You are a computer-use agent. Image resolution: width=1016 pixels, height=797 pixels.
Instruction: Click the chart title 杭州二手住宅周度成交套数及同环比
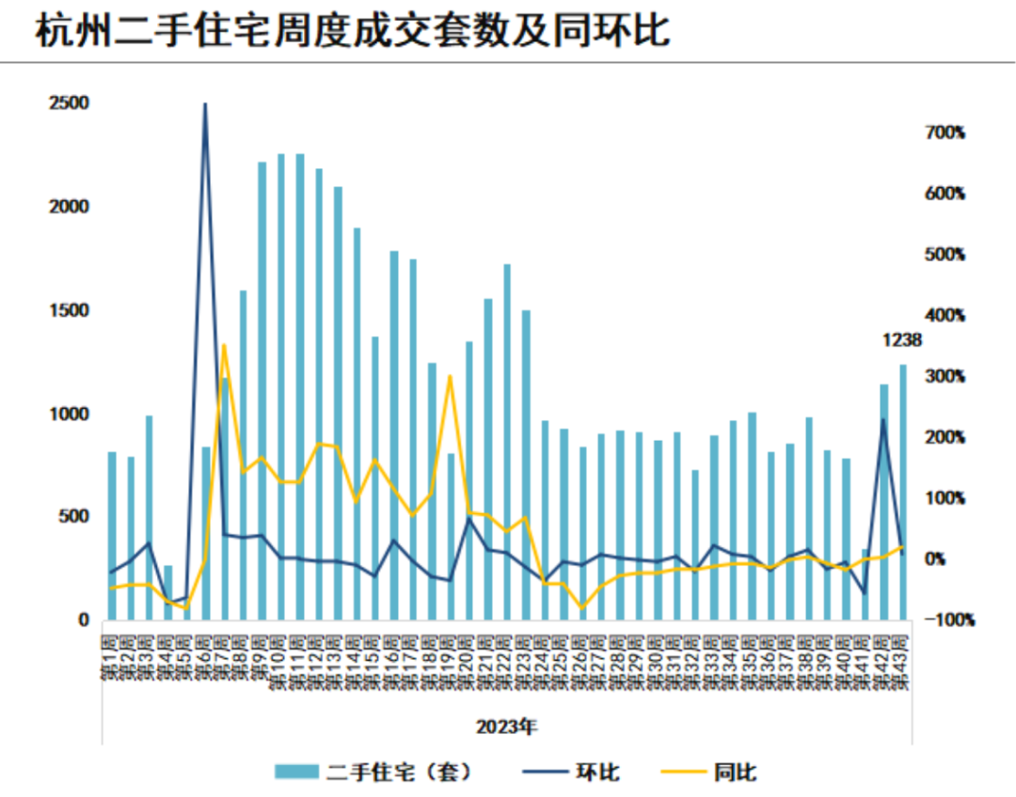[352, 31]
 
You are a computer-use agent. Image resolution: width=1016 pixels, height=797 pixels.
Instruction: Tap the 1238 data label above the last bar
[901, 340]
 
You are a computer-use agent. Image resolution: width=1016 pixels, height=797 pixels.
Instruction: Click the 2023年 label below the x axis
[506, 727]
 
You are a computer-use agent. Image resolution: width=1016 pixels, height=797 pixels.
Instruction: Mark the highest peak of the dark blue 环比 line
[205, 104]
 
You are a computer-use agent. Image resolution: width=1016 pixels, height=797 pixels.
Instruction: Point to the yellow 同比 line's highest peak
[224, 345]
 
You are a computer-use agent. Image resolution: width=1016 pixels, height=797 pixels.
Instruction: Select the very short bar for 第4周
[168, 593]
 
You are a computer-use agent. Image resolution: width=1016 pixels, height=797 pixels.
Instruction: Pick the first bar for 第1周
[112, 536]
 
